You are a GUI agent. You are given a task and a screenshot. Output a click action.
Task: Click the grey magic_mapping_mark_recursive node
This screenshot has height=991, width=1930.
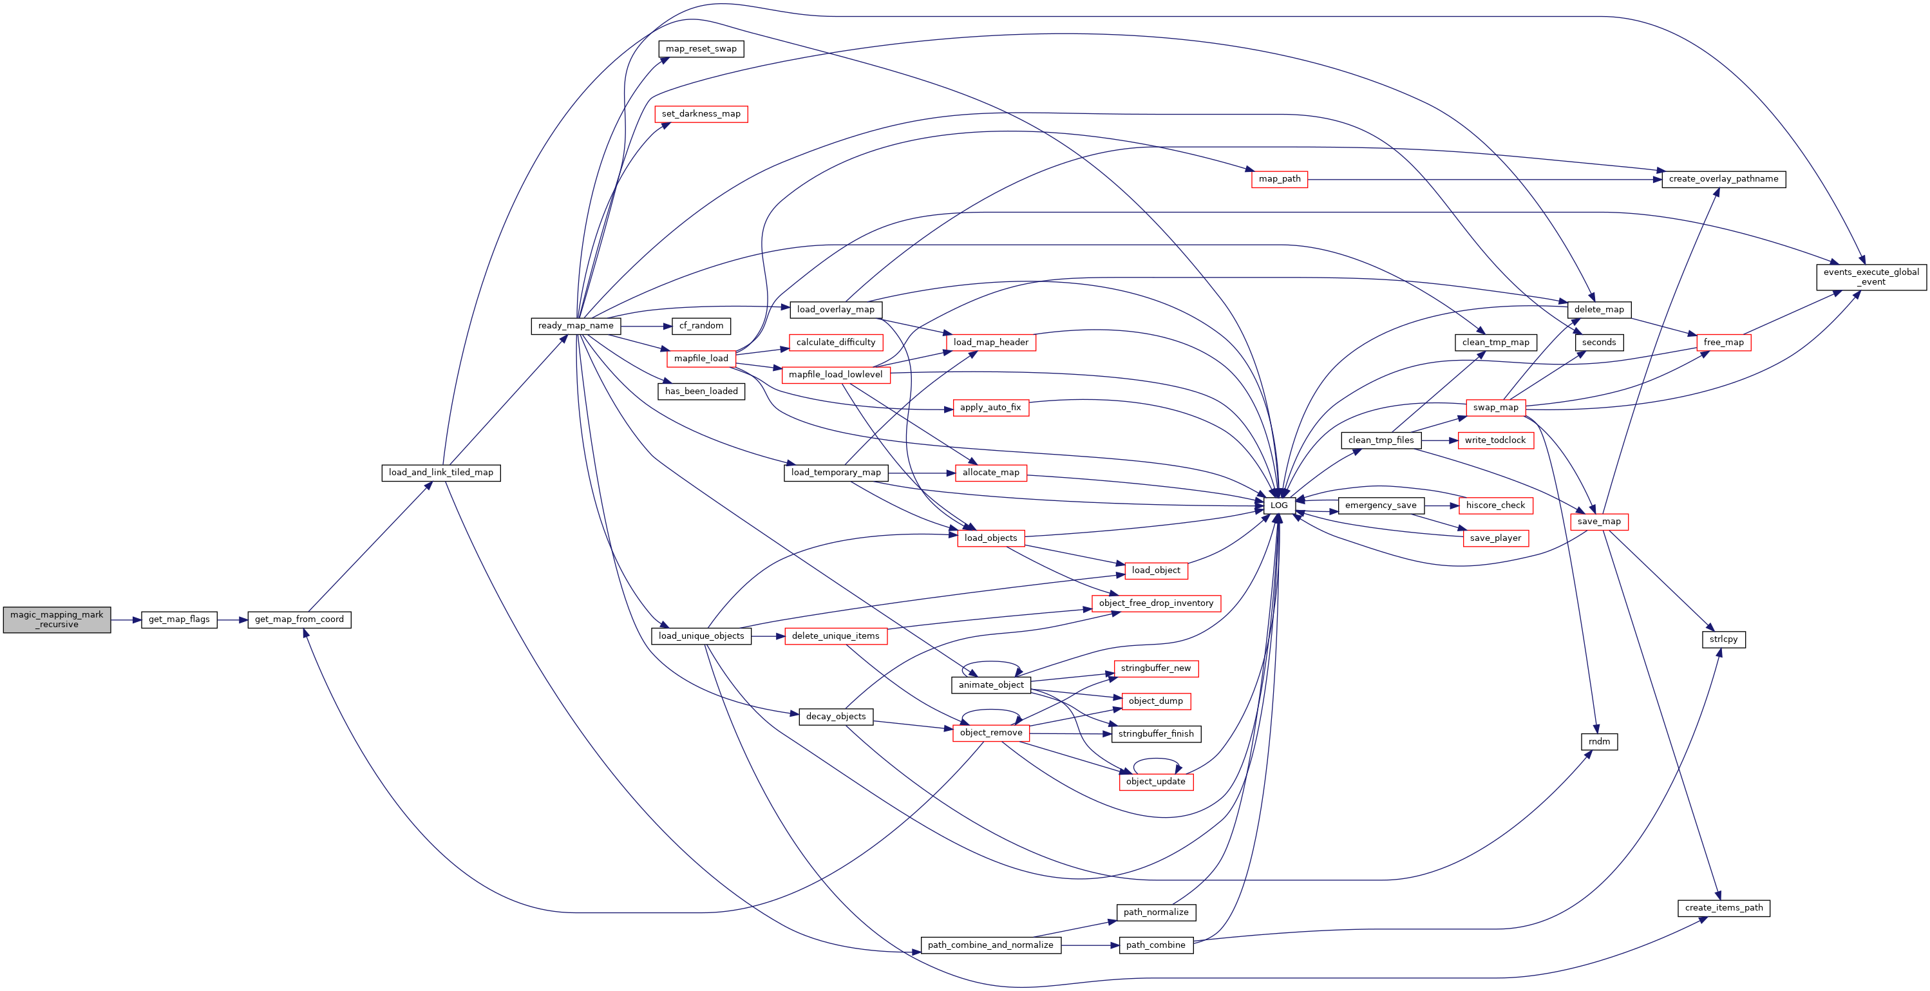(57, 619)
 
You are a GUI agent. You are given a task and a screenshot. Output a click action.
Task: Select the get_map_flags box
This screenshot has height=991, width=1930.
(179, 619)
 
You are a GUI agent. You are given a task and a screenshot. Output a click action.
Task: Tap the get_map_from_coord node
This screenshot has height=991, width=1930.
(299, 619)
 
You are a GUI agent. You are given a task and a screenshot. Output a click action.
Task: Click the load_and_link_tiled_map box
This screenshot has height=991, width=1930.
(440, 473)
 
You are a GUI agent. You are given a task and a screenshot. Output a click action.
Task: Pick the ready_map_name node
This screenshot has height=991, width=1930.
(576, 326)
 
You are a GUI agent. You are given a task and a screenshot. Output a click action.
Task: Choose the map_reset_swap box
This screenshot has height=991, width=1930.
(701, 50)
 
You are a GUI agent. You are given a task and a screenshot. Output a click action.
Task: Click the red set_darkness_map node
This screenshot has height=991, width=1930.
(701, 114)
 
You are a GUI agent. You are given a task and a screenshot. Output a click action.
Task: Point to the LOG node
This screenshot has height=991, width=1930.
(1279, 505)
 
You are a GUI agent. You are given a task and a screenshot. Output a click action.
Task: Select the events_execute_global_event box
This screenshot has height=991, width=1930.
(1871, 277)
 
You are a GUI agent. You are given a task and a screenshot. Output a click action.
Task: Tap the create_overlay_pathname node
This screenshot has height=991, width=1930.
(1723, 179)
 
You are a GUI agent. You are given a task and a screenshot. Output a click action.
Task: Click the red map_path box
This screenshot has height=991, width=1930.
(1280, 179)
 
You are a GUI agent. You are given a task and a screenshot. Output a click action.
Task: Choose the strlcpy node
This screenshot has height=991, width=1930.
(1723, 639)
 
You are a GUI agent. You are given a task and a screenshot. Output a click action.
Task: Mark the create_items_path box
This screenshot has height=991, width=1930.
(1723, 908)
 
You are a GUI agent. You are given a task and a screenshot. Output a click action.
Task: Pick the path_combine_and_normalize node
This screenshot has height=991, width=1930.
(990, 945)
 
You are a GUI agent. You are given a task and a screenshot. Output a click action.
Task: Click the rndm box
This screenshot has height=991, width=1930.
(1599, 742)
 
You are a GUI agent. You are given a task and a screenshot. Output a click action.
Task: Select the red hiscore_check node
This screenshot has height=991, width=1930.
(1495, 505)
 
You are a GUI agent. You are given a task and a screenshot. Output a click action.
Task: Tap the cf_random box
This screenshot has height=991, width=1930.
(701, 326)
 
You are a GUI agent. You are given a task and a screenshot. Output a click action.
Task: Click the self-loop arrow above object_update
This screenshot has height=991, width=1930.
(1156, 760)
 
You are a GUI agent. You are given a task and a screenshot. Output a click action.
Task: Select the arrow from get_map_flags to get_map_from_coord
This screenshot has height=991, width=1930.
(232, 620)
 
